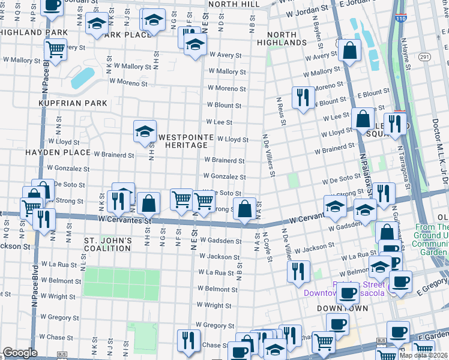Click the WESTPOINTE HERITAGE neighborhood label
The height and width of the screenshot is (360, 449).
(185, 142)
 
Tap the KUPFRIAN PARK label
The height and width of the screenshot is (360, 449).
(73, 103)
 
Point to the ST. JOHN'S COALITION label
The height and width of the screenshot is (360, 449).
(109, 245)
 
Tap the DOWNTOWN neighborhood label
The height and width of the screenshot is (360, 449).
(343, 308)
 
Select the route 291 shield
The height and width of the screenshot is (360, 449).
(424, 57)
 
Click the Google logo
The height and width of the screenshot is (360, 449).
(20, 353)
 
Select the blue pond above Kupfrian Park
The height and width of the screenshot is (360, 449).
(82, 78)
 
